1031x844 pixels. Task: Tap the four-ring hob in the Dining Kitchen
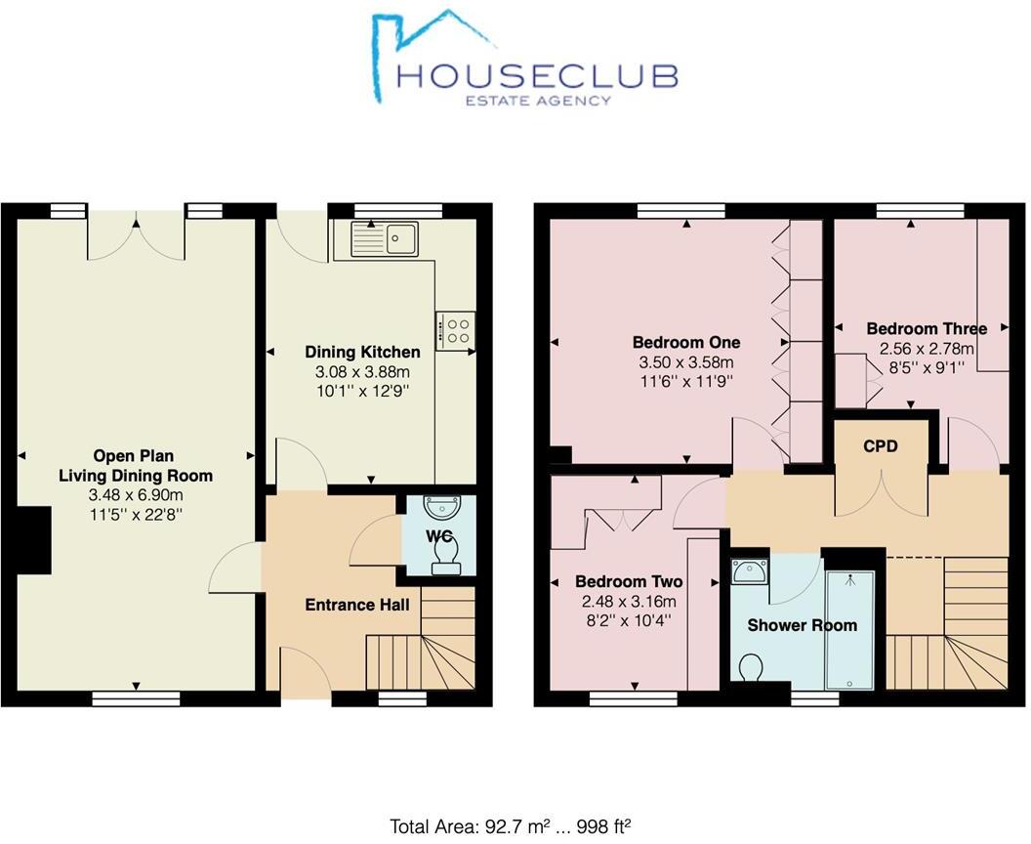pos(456,329)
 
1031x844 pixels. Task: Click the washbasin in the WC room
pos(440,509)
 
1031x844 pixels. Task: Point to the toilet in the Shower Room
pos(752,670)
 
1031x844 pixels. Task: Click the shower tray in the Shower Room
pos(850,631)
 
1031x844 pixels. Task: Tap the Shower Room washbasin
pos(748,570)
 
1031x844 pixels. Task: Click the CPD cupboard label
pos(880,446)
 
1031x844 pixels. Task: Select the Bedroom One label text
pos(686,343)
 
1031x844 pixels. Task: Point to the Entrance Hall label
pos(356,605)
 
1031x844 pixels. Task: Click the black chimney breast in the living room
pos(35,539)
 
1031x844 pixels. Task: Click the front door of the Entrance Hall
pos(305,674)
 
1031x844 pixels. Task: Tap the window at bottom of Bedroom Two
pos(634,697)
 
